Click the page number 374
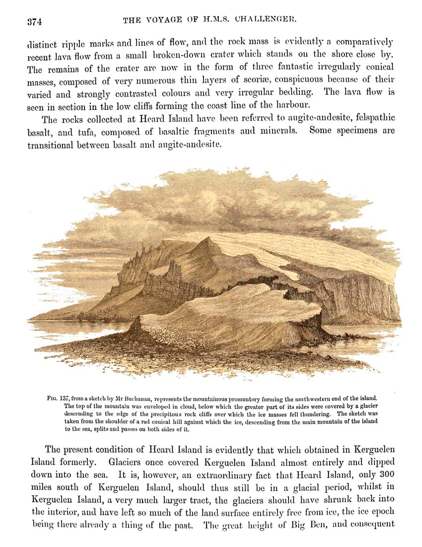(x=34, y=21)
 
